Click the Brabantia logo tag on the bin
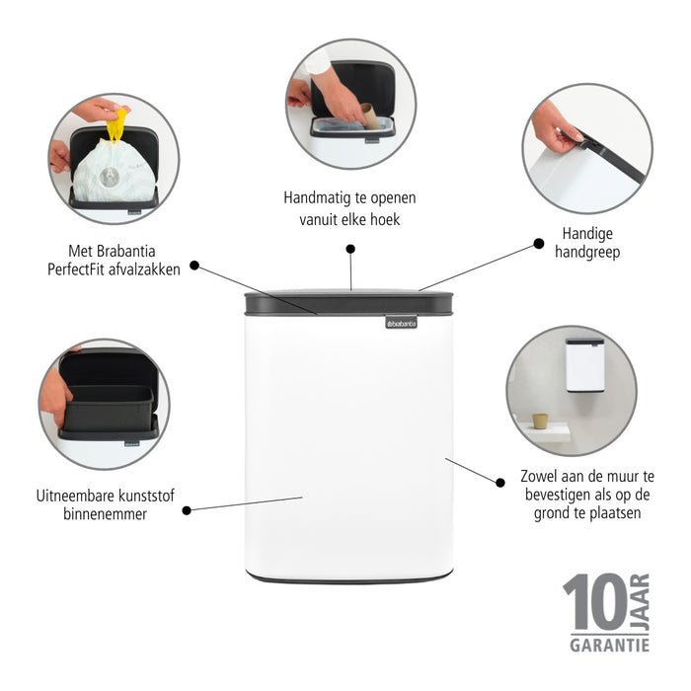click(402, 321)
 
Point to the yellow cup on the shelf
click(540, 421)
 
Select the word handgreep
click(588, 253)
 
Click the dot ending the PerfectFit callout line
click(194, 265)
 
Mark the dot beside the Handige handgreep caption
click(538, 243)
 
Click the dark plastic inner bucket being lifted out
click(107, 401)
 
